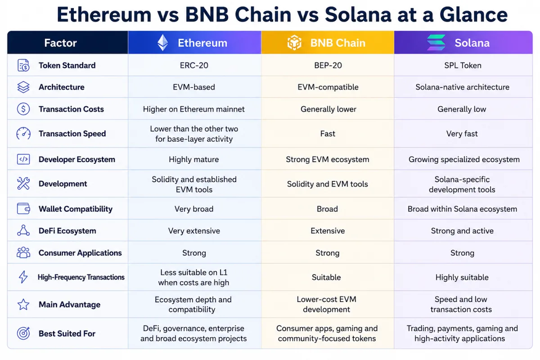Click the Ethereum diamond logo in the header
pyautogui.click(x=163, y=43)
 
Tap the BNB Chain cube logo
pyautogui.click(x=294, y=43)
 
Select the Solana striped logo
pyautogui.click(x=436, y=42)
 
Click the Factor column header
pyautogui.click(x=60, y=43)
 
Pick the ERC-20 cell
pyautogui.click(x=194, y=65)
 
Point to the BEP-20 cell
pyautogui.click(x=328, y=65)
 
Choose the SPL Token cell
pyautogui.click(x=463, y=65)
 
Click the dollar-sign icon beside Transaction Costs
pyautogui.click(x=23, y=109)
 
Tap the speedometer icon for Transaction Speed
pyautogui.click(x=23, y=133)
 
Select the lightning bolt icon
pyautogui.click(x=23, y=277)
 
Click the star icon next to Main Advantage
pyautogui.click(x=23, y=304)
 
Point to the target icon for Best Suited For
pyautogui.click(x=23, y=333)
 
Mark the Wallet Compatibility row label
pyautogui.click(x=76, y=209)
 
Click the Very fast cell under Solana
pyautogui.click(x=462, y=134)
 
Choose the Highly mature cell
pyautogui.click(x=194, y=159)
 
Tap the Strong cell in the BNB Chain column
pyautogui.click(x=328, y=253)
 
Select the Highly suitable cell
pyautogui.click(x=462, y=277)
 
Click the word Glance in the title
pyautogui.click(x=474, y=14)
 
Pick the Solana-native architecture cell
pyautogui.click(x=463, y=87)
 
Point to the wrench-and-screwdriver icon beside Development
pyautogui.click(x=23, y=184)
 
